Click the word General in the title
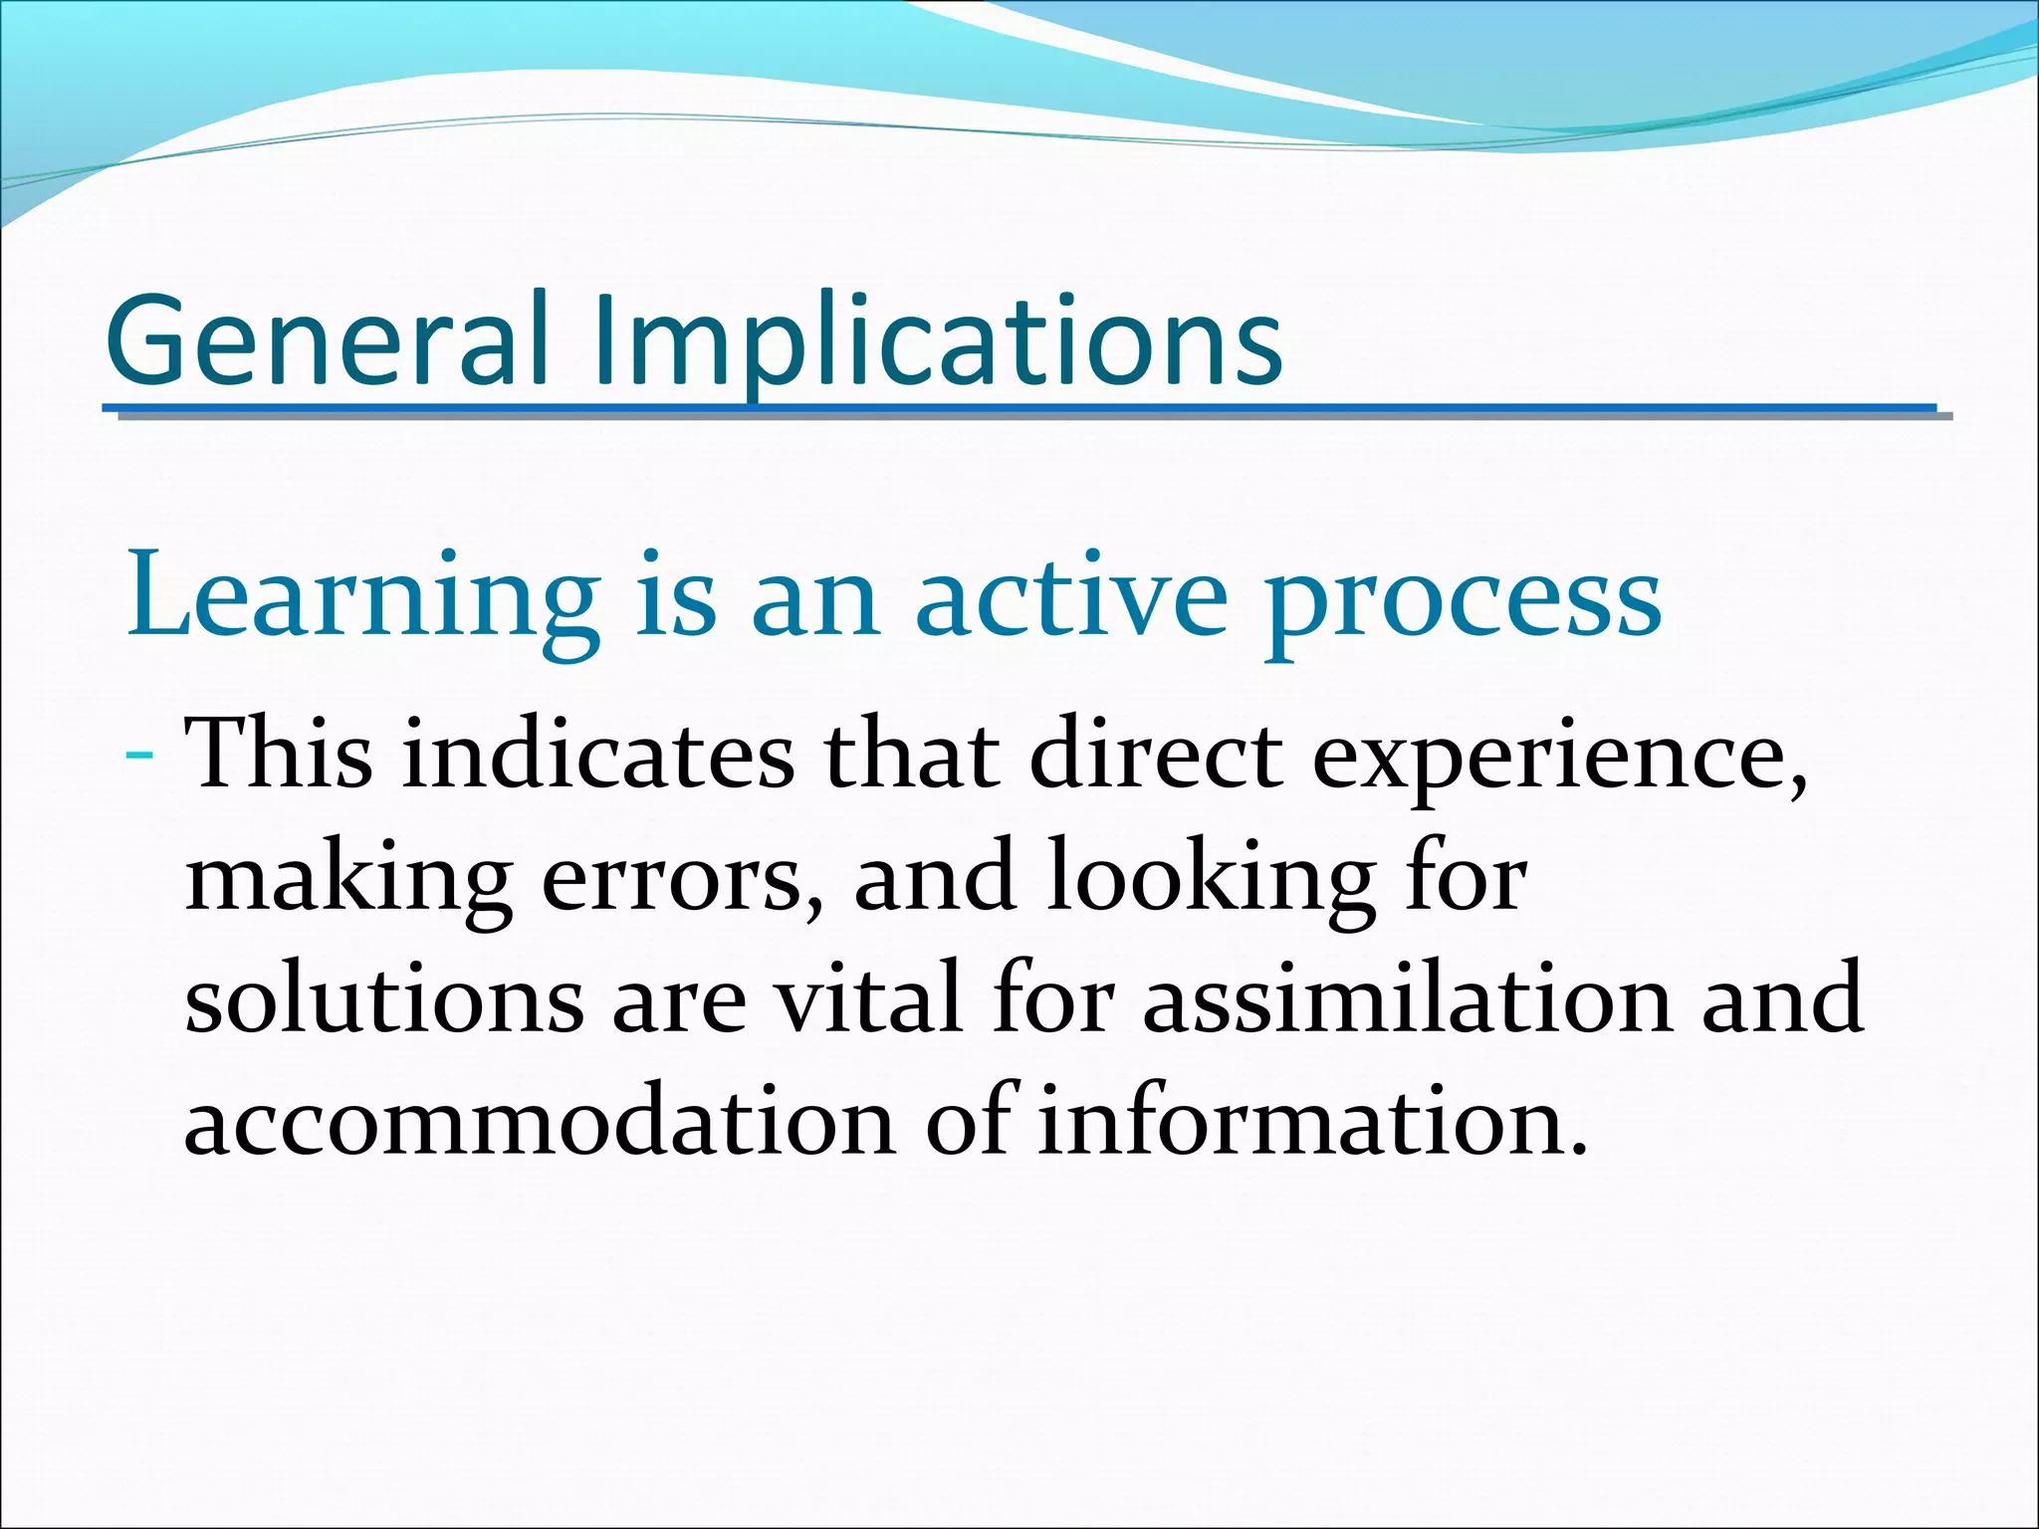(327, 340)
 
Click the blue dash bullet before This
(140, 758)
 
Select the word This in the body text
(279, 754)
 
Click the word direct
(1156, 754)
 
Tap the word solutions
(384, 998)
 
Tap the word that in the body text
(911, 754)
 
